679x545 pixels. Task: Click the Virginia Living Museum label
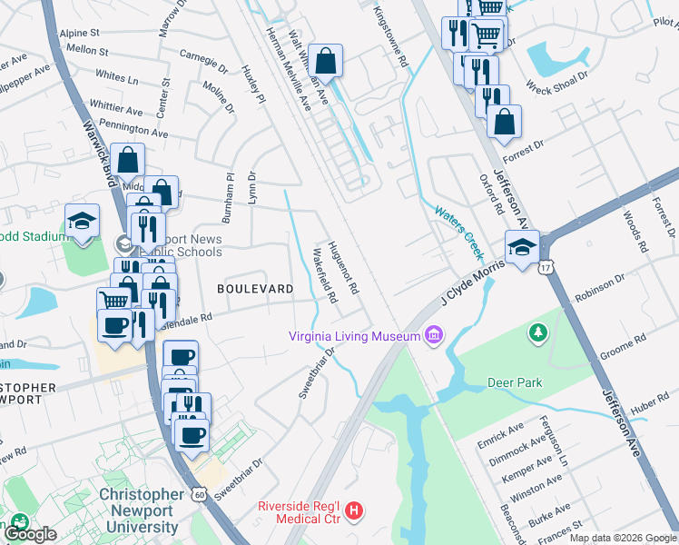353,336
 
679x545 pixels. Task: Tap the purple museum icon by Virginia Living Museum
432,337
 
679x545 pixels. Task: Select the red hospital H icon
355,511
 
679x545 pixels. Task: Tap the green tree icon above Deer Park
538,332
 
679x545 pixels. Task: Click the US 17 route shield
545,266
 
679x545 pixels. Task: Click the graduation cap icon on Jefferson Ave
522,246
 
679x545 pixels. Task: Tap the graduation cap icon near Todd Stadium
82,221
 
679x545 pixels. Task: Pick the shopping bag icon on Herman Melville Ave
326,60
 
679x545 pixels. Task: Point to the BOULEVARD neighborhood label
255,289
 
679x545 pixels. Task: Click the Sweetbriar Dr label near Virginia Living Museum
312,376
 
